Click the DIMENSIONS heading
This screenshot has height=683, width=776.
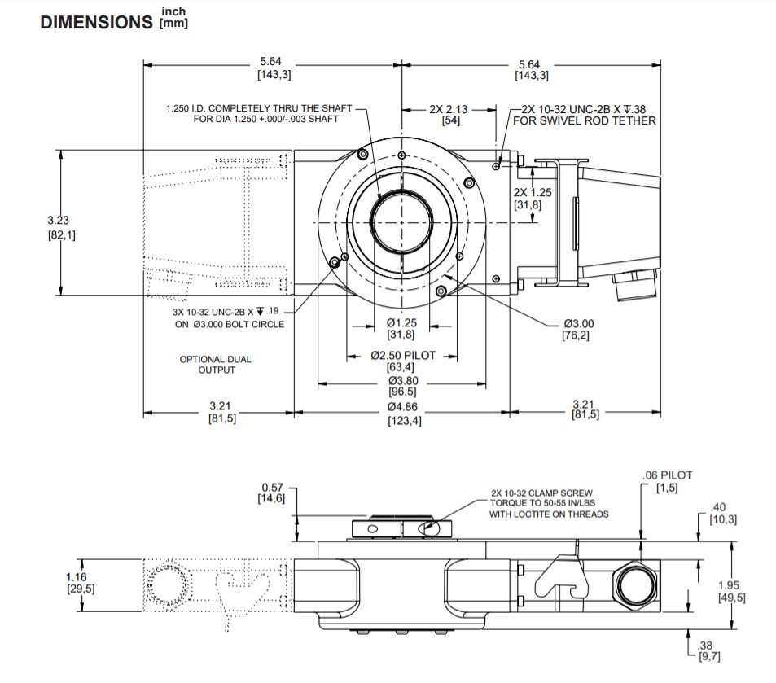coord(95,22)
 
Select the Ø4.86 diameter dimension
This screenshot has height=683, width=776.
coord(404,406)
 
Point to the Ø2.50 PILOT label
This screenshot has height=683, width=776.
coord(403,355)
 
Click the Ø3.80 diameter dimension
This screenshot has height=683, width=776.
coord(404,380)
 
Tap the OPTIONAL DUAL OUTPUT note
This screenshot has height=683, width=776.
coord(216,365)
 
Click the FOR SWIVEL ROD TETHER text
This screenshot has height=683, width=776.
coord(585,120)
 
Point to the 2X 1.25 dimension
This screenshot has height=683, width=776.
coord(533,193)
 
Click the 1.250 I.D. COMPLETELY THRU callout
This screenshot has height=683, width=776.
coord(259,108)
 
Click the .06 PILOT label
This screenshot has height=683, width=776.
coord(666,475)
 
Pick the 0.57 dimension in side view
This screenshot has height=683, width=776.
coord(273,488)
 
